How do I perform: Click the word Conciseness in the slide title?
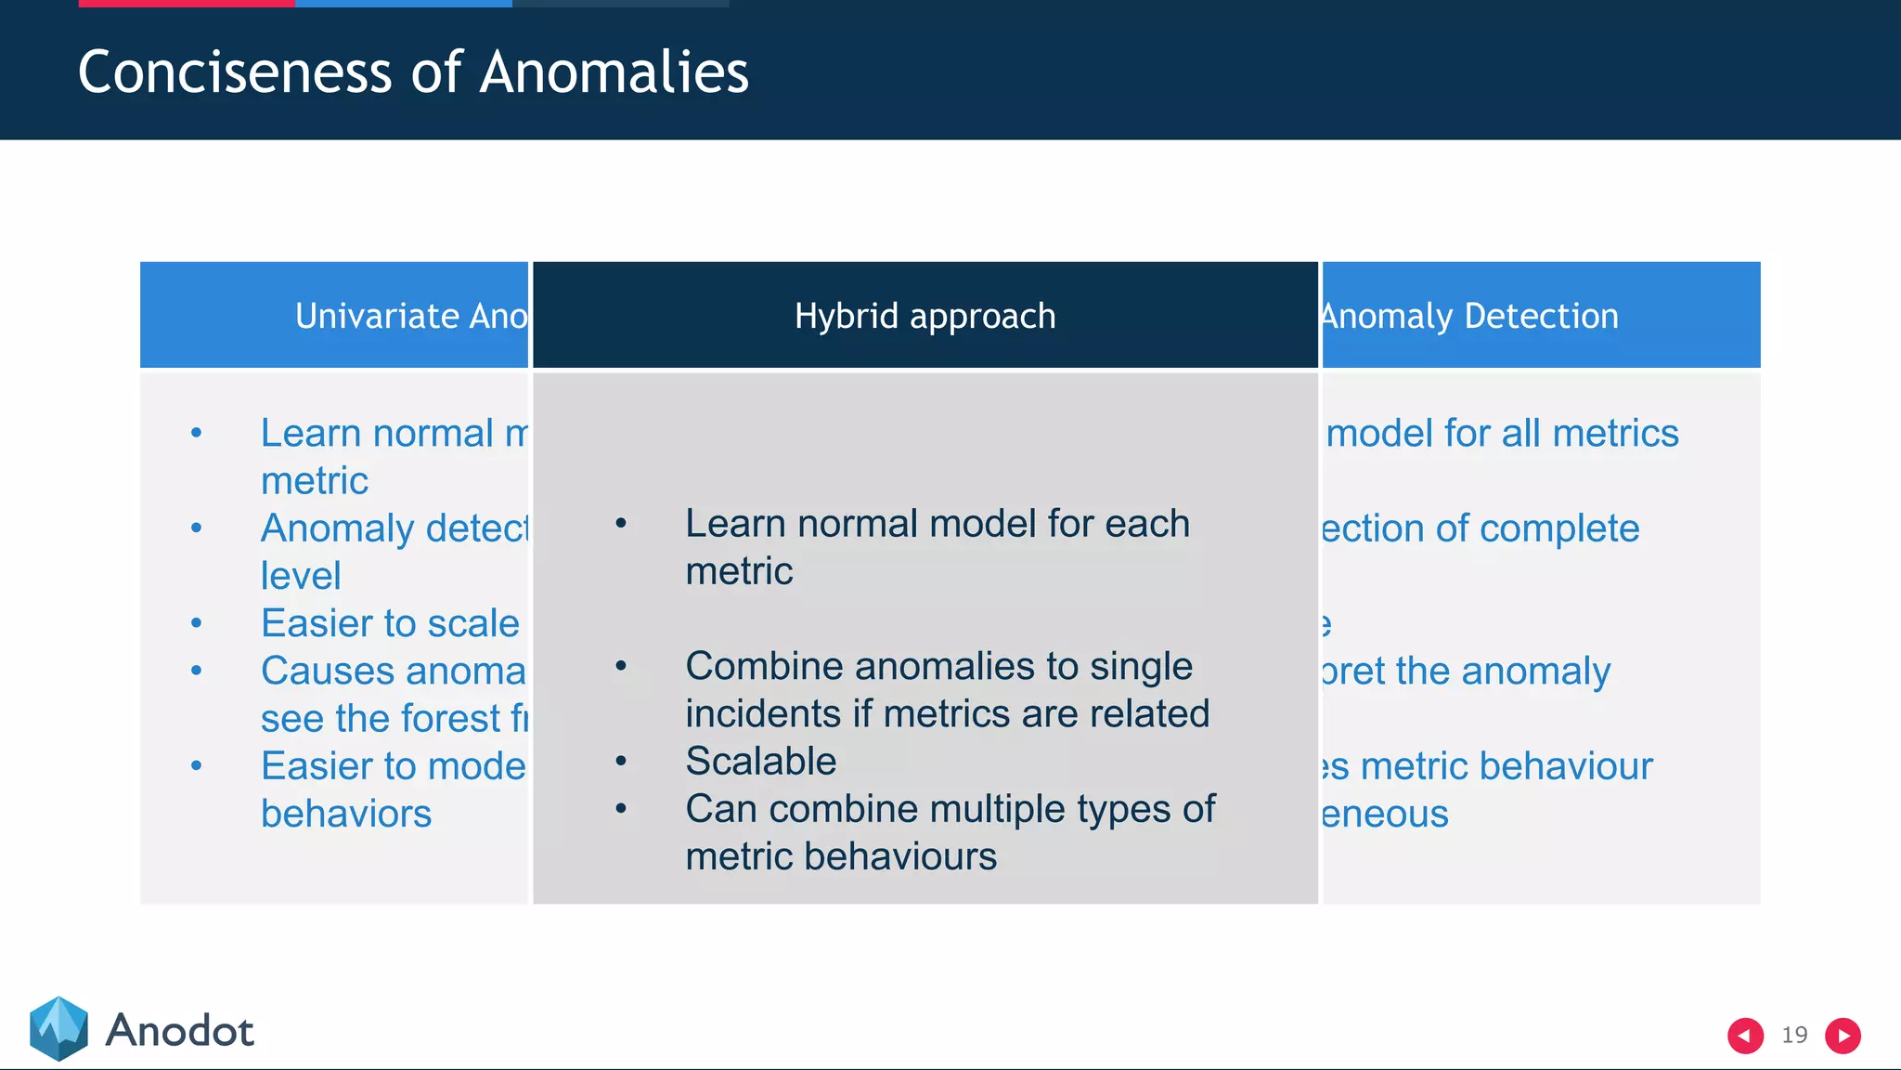[236, 72]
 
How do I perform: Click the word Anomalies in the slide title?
[614, 72]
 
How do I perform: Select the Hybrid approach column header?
[925, 316]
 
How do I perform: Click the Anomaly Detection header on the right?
[1470, 316]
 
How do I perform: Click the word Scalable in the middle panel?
[760, 761]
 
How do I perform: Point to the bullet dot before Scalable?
[621, 762]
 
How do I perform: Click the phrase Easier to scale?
[390, 623]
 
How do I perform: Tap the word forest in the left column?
[451, 719]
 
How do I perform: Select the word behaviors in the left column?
[346, 814]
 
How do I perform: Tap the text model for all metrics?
[1501, 434]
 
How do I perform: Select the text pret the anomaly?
[1467, 671]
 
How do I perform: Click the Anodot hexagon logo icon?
[58, 1028]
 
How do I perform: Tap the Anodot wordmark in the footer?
[179, 1031]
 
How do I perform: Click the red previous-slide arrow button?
[1745, 1036]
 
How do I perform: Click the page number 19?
[1794, 1035]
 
